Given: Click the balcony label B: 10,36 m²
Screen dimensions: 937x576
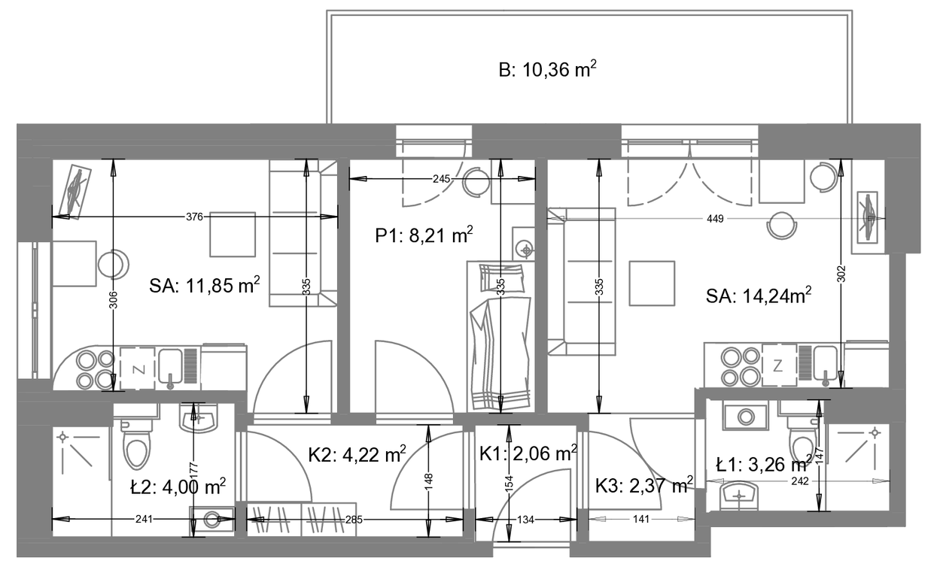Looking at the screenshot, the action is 547,69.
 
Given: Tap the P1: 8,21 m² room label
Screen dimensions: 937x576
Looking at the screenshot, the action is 424,236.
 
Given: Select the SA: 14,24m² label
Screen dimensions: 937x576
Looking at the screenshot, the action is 759,296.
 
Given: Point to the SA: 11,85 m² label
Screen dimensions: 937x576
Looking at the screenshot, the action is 205,286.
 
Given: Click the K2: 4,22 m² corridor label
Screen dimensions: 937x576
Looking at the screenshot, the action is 357,455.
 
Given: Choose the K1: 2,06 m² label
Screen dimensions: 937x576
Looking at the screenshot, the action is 528,453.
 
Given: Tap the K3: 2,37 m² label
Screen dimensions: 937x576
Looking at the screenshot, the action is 644,486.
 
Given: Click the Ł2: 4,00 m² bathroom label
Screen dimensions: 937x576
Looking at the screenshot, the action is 178,487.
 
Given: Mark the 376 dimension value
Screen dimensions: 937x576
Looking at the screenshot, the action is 194,217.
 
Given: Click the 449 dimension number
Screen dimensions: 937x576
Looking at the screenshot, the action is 715,219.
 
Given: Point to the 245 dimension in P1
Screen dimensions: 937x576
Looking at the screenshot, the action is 441,179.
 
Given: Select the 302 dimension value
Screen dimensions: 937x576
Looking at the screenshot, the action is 841,274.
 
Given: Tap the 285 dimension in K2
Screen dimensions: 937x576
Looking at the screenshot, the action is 354,520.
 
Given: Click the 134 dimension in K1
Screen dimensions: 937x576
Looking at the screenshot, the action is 526,520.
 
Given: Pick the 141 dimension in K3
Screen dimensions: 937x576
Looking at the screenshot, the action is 640,519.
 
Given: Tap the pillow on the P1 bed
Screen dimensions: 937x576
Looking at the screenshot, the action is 502,277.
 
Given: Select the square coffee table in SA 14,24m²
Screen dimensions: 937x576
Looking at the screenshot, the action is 652,283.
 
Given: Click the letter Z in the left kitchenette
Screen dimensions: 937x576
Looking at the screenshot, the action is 138,369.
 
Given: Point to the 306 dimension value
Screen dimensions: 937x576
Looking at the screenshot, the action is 113,300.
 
